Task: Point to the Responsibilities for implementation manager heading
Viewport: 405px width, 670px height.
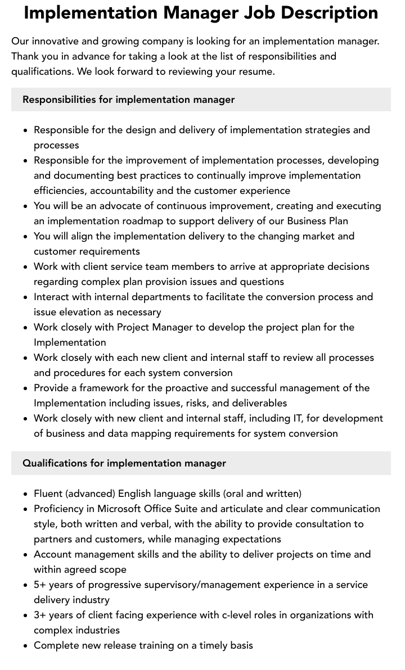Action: pyautogui.click(x=128, y=99)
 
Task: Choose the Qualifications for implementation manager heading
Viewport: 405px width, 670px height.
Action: pyautogui.click(x=124, y=463)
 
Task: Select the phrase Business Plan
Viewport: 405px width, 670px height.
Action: pyautogui.click(x=318, y=221)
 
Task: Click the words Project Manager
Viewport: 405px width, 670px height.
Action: pyautogui.click(x=155, y=327)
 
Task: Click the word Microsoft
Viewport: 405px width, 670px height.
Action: pyautogui.click(x=125, y=509)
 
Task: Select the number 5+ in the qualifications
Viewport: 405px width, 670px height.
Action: pyautogui.click(x=40, y=585)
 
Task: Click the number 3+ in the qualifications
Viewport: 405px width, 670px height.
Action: pyautogui.click(x=40, y=615)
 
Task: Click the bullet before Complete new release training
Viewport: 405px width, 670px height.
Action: pyautogui.click(x=26, y=646)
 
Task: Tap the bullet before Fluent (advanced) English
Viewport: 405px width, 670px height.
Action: pyautogui.click(x=26, y=494)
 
